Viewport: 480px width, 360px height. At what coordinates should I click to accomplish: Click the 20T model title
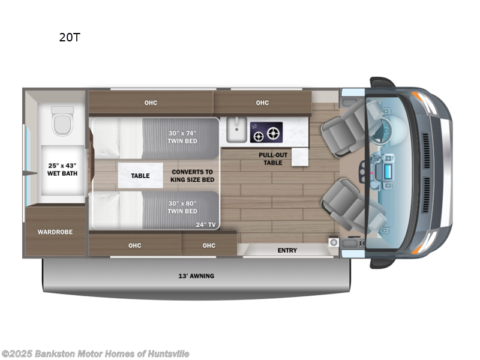pyautogui.click(x=70, y=37)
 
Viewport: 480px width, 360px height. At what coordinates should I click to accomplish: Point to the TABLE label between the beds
pyautogui.click(x=140, y=176)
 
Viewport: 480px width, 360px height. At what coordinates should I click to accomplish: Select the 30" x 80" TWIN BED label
pyautogui.click(x=182, y=207)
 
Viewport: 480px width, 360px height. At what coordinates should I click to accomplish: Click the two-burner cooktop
pyautogui.click(x=266, y=132)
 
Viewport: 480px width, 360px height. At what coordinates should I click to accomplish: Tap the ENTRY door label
pyautogui.click(x=287, y=250)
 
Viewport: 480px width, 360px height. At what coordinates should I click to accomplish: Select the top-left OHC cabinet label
pyautogui.click(x=150, y=103)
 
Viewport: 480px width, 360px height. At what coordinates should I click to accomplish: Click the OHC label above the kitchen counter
pyautogui.click(x=262, y=103)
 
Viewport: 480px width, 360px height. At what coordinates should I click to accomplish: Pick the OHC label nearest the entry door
pyautogui.click(x=209, y=245)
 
